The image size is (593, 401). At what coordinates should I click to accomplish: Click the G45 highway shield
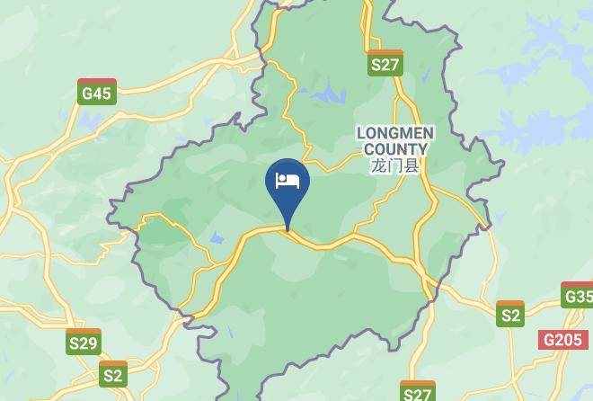[x=96, y=93]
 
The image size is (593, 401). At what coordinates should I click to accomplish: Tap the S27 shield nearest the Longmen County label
[x=385, y=64]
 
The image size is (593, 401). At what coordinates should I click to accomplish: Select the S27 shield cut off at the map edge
[x=418, y=392]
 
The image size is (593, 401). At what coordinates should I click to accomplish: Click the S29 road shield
[x=84, y=343]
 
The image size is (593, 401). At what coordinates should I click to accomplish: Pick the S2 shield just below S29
[x=113, y=374]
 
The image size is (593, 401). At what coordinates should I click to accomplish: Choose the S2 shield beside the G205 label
[x=510, y=315]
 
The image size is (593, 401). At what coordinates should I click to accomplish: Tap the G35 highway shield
[x=578, y=296]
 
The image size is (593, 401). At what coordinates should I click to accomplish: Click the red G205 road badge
[x=562, y=340]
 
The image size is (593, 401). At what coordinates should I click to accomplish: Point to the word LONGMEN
[x=395, y=133]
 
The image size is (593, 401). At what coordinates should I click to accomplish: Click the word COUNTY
[x=395, y=148]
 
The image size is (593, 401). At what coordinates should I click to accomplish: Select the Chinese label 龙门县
[x=395, y=165]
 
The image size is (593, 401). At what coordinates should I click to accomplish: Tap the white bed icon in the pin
[x=288, y=180]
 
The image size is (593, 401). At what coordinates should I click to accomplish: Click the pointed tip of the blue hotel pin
[x=288, y=230]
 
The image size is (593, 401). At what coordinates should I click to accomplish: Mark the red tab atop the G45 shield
[x=96, y=82]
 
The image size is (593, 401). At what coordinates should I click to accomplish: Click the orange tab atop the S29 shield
[x=84, y=332]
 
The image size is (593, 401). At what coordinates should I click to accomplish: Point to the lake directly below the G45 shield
[x=93, y=121]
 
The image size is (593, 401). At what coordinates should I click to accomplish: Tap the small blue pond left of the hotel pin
[x=216, y=238]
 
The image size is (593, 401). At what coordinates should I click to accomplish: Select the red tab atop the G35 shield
[x=578, y=286]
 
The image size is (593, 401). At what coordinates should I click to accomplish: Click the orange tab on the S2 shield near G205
[x=510, y=304]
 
